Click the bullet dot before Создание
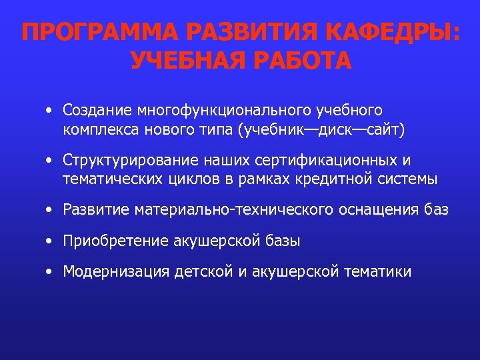point(50,109)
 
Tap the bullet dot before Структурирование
point(50,161)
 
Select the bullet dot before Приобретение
point(50,241)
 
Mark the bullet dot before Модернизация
point(50,271)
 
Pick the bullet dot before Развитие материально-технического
point(50,210)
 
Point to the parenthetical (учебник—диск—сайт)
point(321,129)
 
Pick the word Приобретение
point(107,241)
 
